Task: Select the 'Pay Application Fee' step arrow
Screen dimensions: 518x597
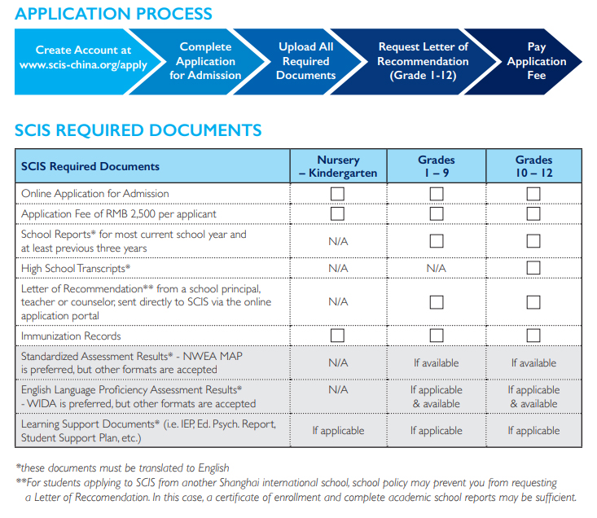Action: tap(536, 61)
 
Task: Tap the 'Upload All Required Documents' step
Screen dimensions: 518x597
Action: tap(305, 61)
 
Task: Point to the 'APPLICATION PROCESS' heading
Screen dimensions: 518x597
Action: tap(113, 14)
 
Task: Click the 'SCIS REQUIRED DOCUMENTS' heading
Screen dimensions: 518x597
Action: tap(138, 130)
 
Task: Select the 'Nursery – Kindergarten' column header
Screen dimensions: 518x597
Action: tap(338, 166)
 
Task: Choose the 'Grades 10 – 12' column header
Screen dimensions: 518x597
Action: tap(533, 166)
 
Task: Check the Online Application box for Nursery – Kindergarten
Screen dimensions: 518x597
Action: tap(338, 194)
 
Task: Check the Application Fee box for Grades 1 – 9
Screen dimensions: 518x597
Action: tap(437, 213)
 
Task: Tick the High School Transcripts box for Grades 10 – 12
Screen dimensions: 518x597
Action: tap(533, 268)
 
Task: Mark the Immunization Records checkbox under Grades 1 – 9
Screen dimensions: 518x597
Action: tap(437, 336)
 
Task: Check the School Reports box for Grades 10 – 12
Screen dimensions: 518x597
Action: tap(533, 241)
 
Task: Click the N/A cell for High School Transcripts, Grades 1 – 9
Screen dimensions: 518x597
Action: tap(437, 268)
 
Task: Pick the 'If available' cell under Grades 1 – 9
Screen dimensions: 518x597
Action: tap(437, 363)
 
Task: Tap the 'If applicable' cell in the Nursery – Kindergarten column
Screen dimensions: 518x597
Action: tap(338, 430)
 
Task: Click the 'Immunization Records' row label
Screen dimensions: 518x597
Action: tap(71, 336)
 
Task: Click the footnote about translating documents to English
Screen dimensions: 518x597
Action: tap(122, 468)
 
